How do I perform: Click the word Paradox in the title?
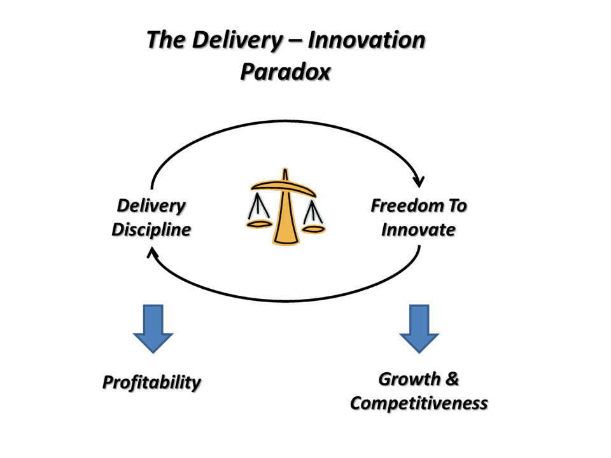pos(285,72)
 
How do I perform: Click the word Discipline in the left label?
pos(151,229)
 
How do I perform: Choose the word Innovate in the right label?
pos(418,229)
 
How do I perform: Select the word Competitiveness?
pos(419,403)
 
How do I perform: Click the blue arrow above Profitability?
pos(153,328)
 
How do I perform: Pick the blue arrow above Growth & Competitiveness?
pos(419,328)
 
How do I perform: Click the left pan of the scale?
pos(258,224)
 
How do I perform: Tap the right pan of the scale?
pos(313,228)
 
